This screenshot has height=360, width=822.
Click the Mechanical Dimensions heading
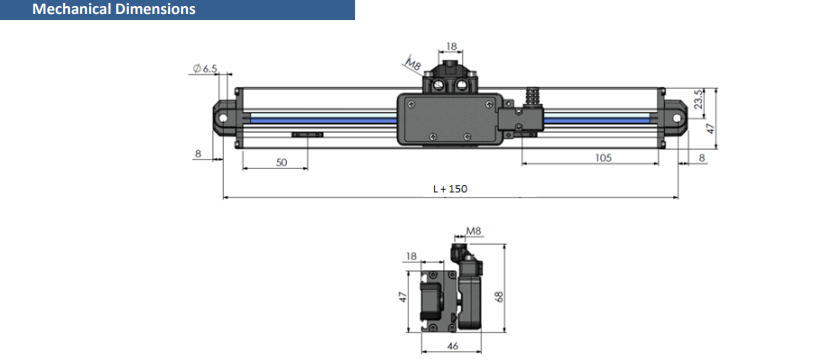coord(114,9)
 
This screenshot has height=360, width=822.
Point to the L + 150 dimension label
coord(450,189)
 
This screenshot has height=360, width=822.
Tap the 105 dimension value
coord(604,158)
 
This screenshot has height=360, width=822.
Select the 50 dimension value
coord(282,162)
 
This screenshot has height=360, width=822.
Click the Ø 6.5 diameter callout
coord(205,68)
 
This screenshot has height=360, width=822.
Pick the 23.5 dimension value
coord(698,99)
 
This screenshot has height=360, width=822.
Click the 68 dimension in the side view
coord(500,297)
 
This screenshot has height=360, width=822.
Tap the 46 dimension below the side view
coord(452,346)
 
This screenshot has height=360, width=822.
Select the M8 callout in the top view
coord(414,66)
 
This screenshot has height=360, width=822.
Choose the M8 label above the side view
coord(474,231)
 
